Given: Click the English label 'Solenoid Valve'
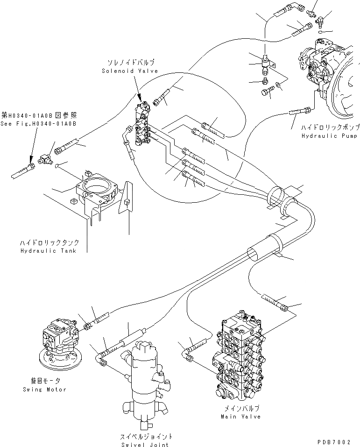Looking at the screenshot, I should (129, 71).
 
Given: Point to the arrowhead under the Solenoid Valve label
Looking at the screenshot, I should (139, 98).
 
